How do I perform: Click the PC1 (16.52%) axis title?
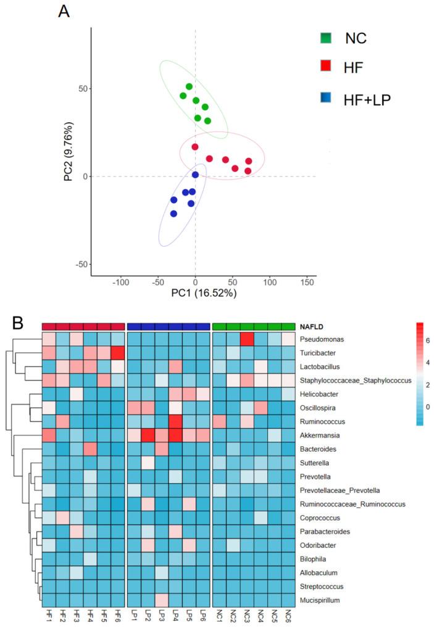(204, 294)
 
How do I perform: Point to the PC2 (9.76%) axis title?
(69, 153)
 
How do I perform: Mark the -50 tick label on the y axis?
(80, 264)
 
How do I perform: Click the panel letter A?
(63, 10)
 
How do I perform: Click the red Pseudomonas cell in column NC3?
(247, 339)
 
